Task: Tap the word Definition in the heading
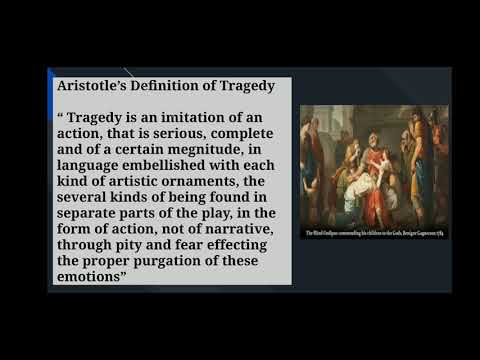[x=167, y=86]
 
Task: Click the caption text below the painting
[x=374, y=232]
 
